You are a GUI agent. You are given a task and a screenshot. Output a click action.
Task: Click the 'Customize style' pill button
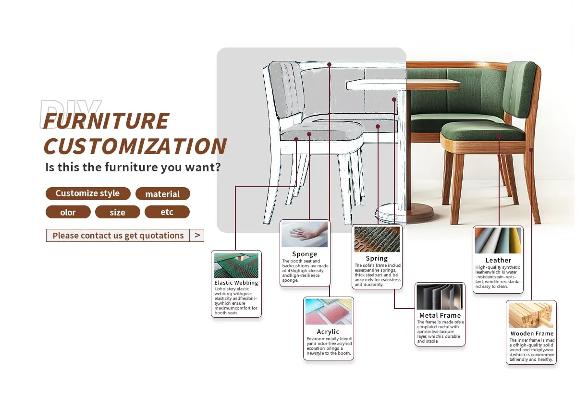[88, 193]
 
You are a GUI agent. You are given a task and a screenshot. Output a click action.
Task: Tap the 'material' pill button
[163, 194]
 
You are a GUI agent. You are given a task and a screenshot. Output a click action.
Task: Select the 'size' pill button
[118, 212]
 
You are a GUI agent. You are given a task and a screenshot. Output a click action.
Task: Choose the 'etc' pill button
[167, 212]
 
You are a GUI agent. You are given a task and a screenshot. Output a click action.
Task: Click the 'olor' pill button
[68, 212]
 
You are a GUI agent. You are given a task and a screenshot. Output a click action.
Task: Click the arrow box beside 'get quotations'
[197, 235]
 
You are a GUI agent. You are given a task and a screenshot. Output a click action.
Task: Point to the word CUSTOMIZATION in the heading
[135, 146]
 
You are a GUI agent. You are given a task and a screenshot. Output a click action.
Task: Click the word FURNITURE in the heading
[106, 121]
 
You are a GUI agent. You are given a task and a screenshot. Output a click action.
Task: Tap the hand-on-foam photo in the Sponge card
[305, 234]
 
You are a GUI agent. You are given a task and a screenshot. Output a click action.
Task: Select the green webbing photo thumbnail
[236, 265]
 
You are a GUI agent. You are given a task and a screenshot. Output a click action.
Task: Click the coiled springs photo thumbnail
[377, 239]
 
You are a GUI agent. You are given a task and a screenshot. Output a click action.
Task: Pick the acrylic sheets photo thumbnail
[329, 311]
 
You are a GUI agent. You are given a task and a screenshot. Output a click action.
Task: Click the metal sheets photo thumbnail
[440, 297]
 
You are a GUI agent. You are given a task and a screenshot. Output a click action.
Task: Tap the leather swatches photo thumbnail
[498, 240]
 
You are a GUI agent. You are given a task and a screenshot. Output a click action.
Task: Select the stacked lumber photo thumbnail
[531, 315]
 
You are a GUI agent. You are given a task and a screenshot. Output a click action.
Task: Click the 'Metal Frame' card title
[440, 315]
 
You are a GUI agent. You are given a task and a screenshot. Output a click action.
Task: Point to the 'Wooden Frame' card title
[532, 334]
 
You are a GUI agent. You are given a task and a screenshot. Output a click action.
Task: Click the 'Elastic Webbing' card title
[236, 283]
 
